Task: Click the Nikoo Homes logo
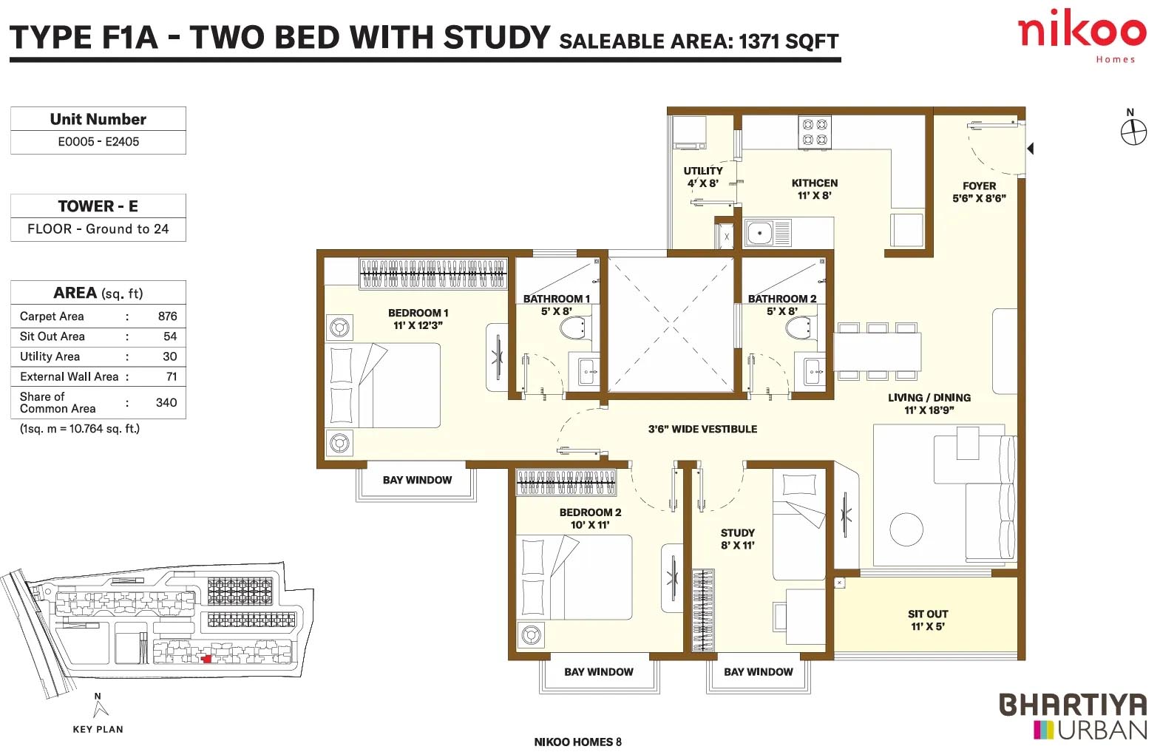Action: point(1082,36)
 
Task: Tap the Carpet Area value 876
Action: point(167,316)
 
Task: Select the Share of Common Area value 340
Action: point(166,402)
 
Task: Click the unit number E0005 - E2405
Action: point(98,141)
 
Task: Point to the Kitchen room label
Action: point(815,189)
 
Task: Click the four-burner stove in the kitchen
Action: point(815,132)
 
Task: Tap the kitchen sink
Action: point(768,232)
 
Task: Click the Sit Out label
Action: point(928,620)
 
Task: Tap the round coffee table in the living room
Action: point(906,529)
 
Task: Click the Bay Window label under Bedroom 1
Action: point(418,480)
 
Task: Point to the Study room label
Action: point(737,538)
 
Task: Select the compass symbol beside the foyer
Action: point(1133,132)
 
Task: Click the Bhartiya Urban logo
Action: point(1073,717)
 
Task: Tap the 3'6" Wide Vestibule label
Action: point(702,429)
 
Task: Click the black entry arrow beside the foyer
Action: point(1031,149)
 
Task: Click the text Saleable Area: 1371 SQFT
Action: point(699,41)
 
